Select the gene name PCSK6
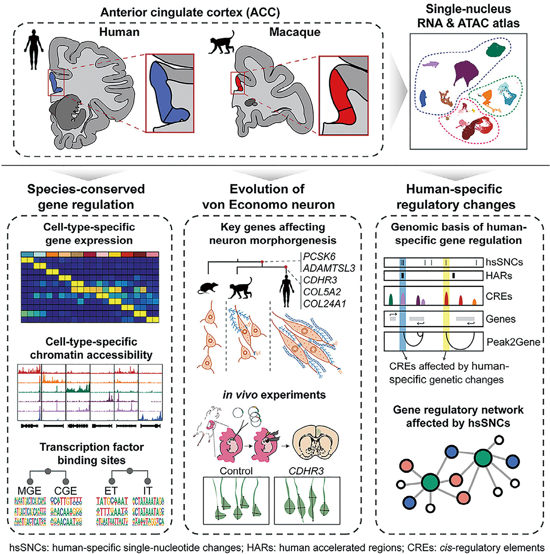click(x=319, y=256)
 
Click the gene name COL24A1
click(x=325, y=304)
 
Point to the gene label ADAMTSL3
click(x=329, y=268)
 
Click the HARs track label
click(x=499, y=276)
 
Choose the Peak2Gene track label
click(x=513, y=342)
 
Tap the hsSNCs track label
click(x=504, y=262)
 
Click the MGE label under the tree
click(x=30, y=491)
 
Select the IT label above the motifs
click(x=148, y=491)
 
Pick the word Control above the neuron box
click(x=236, y=471)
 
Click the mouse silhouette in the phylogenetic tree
click(x=208, y=288)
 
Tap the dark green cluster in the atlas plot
click(x=496, y=50)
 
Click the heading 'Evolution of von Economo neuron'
click(x=268, y=197)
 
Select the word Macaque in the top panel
click(x=295, y=32)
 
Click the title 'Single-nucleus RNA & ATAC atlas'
click(x=468, y=16)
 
